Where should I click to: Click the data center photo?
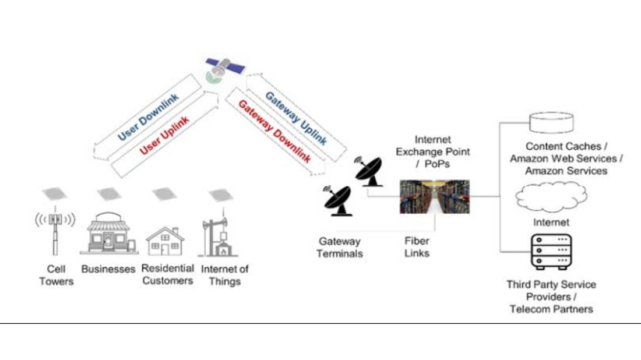[434, 196]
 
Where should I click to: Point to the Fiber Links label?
[417, 247]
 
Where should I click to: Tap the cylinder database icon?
[550, 122]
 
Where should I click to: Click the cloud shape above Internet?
[551, 197]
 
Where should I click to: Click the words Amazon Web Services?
[563, 159]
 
